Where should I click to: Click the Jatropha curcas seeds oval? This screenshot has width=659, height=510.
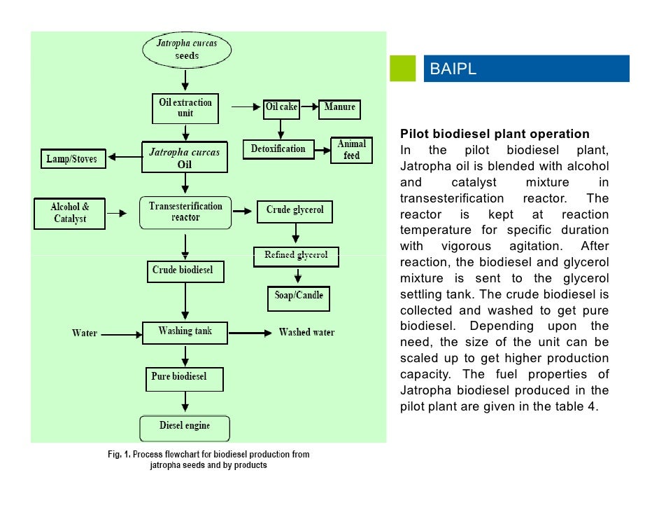186,50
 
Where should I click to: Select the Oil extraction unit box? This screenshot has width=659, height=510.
185,108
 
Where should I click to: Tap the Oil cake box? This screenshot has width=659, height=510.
281,108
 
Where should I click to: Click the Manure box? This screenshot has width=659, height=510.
340,108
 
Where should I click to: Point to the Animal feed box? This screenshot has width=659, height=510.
351,150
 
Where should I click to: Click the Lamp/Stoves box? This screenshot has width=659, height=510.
72,159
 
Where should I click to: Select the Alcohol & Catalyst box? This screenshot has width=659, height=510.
70,213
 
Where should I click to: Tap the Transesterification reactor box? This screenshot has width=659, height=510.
185,212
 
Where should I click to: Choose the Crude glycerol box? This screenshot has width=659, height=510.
295,210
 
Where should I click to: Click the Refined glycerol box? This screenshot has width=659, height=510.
296,256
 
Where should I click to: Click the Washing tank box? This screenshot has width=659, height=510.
185,331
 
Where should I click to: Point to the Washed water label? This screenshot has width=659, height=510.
306,332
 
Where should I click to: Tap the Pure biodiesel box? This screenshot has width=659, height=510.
185,378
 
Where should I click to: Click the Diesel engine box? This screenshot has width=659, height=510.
185,427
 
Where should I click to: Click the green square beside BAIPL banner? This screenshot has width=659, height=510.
403,69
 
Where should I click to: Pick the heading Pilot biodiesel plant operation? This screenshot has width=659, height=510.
495,134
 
